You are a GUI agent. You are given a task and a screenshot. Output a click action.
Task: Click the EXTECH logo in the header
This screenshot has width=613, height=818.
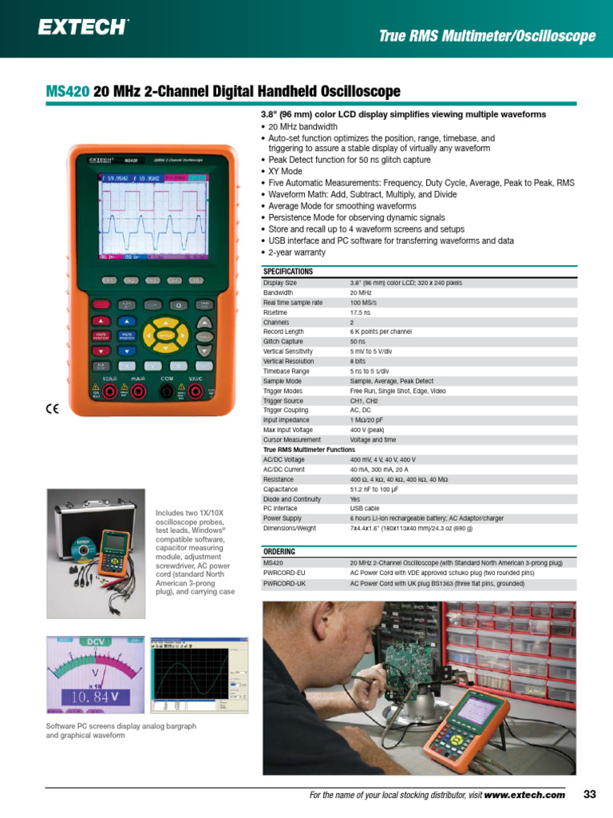(x=83, y=27)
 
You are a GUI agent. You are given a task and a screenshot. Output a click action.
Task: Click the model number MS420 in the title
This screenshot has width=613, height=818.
(x=68, y=92)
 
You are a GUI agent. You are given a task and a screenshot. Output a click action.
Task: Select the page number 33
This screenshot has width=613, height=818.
(x=590, y=794)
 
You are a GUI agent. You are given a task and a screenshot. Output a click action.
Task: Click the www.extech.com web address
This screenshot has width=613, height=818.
(x=524, y=795)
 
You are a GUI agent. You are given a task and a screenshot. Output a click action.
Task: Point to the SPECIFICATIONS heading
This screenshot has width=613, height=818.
(x=288, y=272)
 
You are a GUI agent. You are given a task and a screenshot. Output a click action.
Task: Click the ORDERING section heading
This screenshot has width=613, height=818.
(x=279, y=552)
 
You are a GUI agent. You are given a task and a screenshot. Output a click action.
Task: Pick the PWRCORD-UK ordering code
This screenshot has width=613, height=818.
(x=285, y=583)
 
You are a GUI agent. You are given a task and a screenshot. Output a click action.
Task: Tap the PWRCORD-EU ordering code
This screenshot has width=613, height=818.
(x=285, y=573)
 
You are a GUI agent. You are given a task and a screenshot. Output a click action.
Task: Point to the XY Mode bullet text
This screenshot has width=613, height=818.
(x=285, y=171)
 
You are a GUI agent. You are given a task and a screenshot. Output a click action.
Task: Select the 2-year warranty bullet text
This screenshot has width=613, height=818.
(x=297, y=252)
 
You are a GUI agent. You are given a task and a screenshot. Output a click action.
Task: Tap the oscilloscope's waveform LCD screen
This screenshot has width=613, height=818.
(x=152, y=216)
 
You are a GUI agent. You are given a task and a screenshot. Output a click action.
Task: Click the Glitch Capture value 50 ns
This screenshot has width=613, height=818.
(x=358, y=341)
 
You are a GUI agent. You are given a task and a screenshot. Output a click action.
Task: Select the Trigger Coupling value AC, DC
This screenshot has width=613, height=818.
(x=361, y=410)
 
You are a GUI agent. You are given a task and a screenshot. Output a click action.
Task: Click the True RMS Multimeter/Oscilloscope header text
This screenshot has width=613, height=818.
(x=487, y=36)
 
